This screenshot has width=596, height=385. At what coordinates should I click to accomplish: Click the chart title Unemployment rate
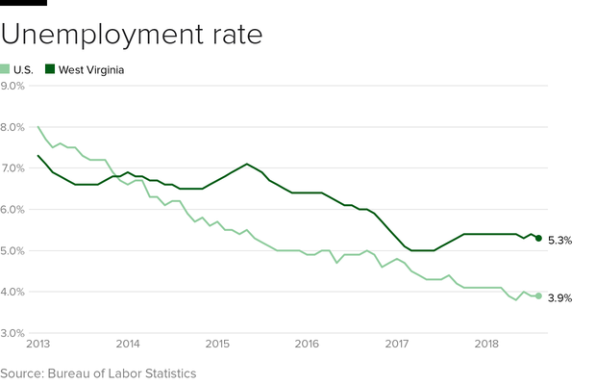131,35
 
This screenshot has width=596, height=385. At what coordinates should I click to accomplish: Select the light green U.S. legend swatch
6,69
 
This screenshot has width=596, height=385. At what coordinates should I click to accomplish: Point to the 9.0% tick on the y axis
13,86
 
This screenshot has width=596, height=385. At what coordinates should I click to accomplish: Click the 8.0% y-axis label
13,127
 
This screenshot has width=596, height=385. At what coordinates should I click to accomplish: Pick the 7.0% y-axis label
13,168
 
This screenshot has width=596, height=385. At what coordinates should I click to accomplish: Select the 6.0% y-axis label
13,210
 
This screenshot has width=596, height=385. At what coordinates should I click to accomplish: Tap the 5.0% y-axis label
13,251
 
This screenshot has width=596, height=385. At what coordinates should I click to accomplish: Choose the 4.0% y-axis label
13,292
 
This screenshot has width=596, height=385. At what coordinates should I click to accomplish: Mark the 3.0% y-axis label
13,333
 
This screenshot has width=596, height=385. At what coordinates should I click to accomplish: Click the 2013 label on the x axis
39,344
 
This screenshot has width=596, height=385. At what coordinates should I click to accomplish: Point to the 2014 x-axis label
128,344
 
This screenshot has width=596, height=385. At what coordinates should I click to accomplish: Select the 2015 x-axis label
217,344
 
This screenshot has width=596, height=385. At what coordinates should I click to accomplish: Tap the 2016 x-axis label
307,344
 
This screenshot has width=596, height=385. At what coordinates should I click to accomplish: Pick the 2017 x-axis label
396,344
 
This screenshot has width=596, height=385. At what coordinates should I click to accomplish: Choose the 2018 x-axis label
485,344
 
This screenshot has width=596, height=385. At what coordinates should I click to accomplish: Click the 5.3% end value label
560,240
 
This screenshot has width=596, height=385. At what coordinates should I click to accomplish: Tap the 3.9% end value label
560,298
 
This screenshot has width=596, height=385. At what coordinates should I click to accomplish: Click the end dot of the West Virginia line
539,238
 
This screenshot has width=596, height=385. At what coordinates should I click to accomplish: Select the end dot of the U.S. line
539,295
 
